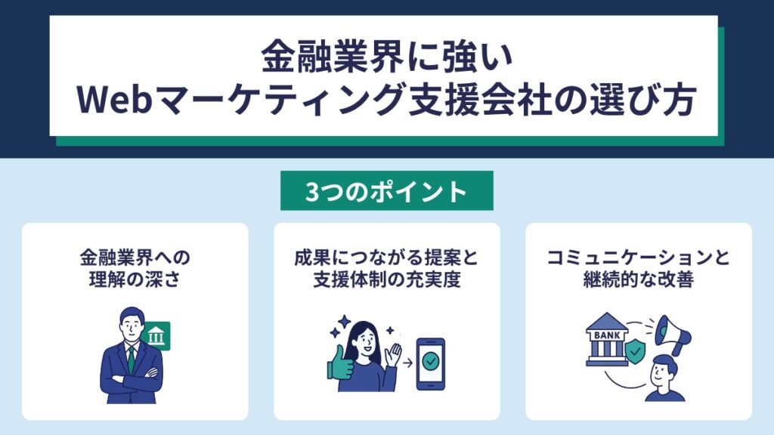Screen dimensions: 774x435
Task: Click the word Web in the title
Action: pos(113,100)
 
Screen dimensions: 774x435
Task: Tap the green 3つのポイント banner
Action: pos(386,191)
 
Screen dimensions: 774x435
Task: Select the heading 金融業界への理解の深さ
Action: pos(135,268)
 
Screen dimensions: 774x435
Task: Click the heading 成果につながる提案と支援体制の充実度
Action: pos(386,268)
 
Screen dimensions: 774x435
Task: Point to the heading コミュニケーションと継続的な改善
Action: pos(638,268)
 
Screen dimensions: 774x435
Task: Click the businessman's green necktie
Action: pos(132,359)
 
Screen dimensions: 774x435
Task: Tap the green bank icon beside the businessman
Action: pos(156,336)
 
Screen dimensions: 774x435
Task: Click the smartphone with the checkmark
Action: pos(430,364)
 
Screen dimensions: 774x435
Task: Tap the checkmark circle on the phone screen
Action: pos(430,362)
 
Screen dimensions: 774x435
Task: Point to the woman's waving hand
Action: pos(393,355)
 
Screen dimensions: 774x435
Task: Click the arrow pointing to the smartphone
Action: pos(407,364)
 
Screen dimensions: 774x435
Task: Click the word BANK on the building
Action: pos(607,335)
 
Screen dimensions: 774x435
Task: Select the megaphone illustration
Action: pos(673,335)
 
